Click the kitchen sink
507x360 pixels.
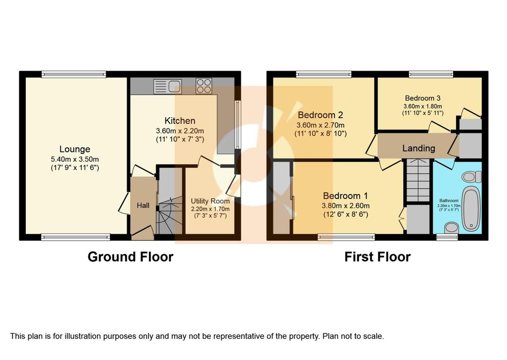pos(167,86)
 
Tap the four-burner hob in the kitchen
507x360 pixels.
pos(204,86)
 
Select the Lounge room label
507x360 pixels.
pos(75,149)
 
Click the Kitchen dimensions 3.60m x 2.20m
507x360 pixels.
pos(180,131)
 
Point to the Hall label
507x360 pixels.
pos(143,206)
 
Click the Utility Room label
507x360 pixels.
pos(210,201)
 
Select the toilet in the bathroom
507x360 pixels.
pos(472,177)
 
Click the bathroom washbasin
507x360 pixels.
pos(452,228)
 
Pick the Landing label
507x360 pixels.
pos(419,149)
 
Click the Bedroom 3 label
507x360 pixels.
pos(423,98)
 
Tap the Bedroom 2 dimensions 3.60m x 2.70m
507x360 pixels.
pos(320,125)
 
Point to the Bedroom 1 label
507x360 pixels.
pos(345,196)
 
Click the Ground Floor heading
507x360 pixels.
pos(130,257)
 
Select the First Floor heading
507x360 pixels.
pos(377,257)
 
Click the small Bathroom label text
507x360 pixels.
pos(449,201)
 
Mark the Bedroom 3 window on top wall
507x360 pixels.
pos(431,74)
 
